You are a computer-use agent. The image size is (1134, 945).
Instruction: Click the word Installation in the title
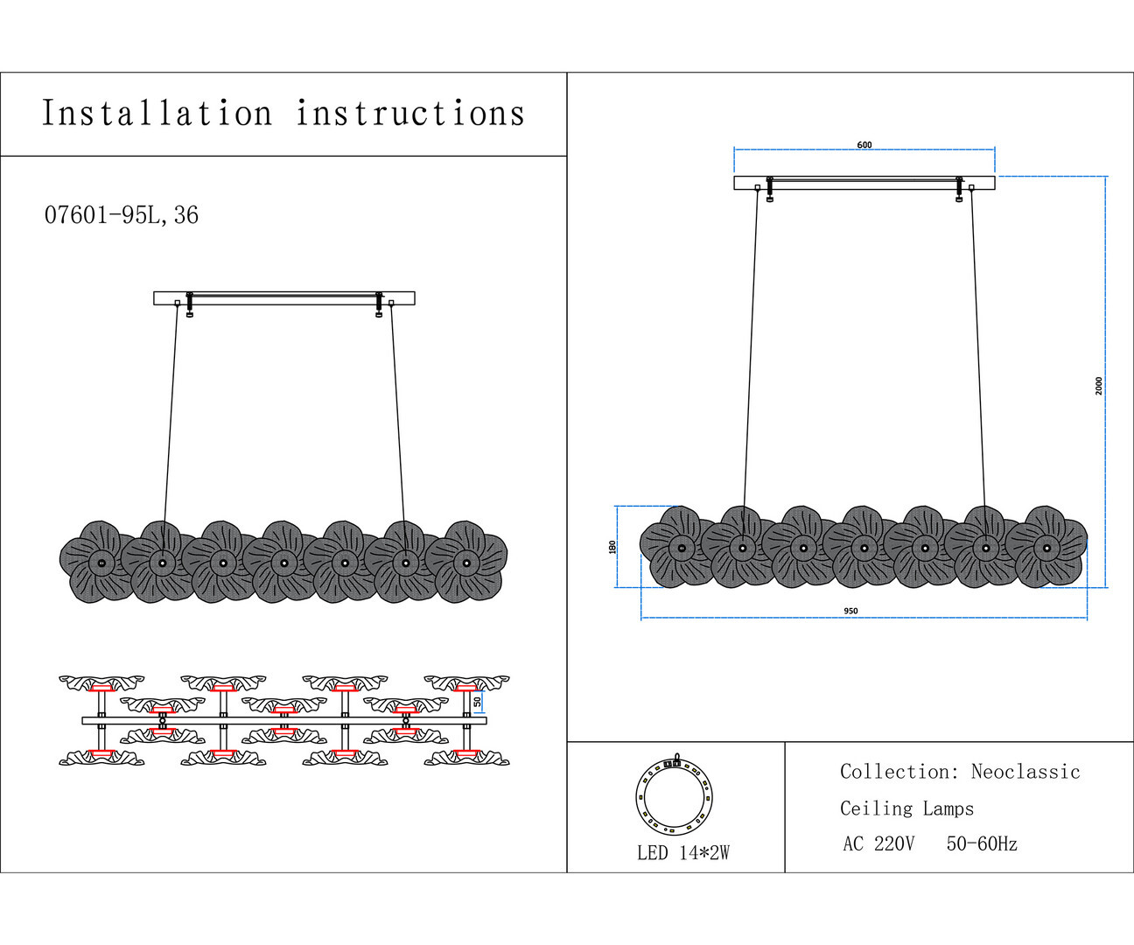point(157,114)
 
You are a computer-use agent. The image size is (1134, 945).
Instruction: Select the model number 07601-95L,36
point(122,215)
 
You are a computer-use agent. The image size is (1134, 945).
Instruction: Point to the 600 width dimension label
point(864,145)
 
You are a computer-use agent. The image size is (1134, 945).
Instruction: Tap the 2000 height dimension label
point(1099,386)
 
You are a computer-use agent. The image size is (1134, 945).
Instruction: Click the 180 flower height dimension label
point(612,547)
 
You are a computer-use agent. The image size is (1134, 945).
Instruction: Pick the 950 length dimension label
point(850,612)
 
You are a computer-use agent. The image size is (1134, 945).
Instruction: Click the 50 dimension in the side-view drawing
point(478,701)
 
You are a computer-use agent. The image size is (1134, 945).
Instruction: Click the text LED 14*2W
point(683,853)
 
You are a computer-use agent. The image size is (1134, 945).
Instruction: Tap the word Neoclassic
point(1025,772)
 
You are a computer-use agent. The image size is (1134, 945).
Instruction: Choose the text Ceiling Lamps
point(906,808)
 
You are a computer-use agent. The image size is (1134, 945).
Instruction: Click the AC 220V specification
point(878,844)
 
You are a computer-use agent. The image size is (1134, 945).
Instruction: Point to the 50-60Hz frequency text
point(982,844)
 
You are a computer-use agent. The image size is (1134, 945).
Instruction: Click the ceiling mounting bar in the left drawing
point(284,298)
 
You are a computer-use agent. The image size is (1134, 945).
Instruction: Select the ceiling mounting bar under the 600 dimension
point(864,183)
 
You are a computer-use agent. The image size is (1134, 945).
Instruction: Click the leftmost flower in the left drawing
point(101,562)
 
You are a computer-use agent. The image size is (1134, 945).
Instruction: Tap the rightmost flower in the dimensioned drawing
point(1046,547)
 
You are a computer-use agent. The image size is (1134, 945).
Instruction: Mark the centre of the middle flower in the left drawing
point(283,562)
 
